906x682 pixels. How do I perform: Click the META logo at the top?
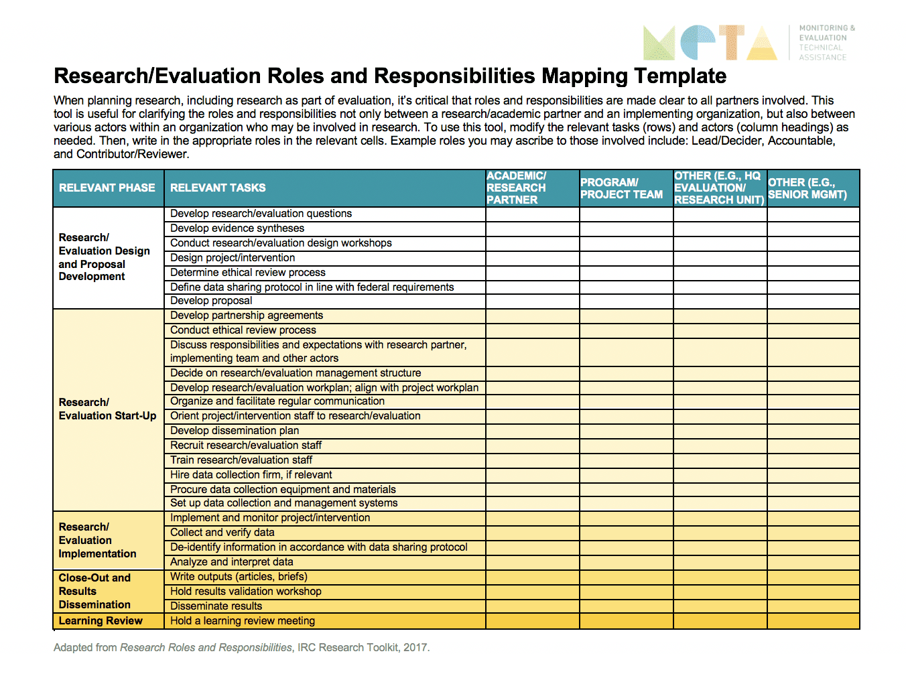coord(710,43)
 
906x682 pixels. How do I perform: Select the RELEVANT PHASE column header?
coord(107,188)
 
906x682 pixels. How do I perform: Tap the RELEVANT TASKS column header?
coord(218,188)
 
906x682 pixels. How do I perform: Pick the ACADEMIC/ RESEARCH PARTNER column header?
coord(517,188)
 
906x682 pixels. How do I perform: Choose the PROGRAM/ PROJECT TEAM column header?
coord(621,188)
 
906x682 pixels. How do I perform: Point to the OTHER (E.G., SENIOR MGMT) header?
coord(807,188)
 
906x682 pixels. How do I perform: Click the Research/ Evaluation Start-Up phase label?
coord(107,409)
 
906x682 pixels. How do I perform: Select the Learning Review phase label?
coord(101,621)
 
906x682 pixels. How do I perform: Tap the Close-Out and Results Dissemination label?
coord(94,591)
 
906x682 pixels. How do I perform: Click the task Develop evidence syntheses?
coord(237,228)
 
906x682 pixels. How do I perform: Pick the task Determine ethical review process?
coord(248,273)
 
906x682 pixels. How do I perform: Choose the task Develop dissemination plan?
coord(235,431)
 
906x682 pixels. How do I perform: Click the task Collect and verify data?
coord(222,533)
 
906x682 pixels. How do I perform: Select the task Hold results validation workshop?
coord(246,592)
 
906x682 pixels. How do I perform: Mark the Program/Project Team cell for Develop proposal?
coord(627,301)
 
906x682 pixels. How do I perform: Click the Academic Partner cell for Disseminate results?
coord(533,606)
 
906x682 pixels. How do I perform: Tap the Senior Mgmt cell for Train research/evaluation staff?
coord(813,460)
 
